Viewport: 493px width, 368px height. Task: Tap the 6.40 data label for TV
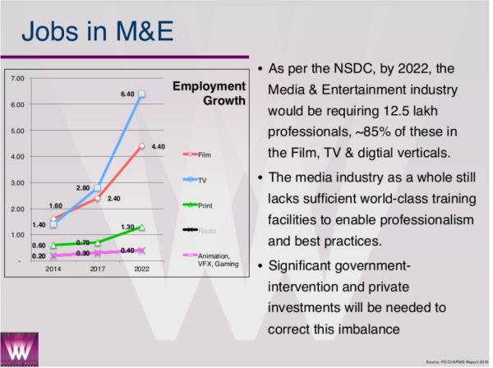pos(127,94)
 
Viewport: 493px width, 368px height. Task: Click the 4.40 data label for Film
pos(159,146)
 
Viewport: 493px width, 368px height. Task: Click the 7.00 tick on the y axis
pos(18,78)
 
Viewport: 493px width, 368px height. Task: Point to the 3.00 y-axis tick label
pos(18,182)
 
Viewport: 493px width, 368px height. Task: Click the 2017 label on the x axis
pos(97,269)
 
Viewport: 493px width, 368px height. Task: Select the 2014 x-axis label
pos(53,269)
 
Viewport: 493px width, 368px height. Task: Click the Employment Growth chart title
pos(210,93)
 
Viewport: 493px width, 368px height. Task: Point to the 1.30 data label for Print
pos(127,226)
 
